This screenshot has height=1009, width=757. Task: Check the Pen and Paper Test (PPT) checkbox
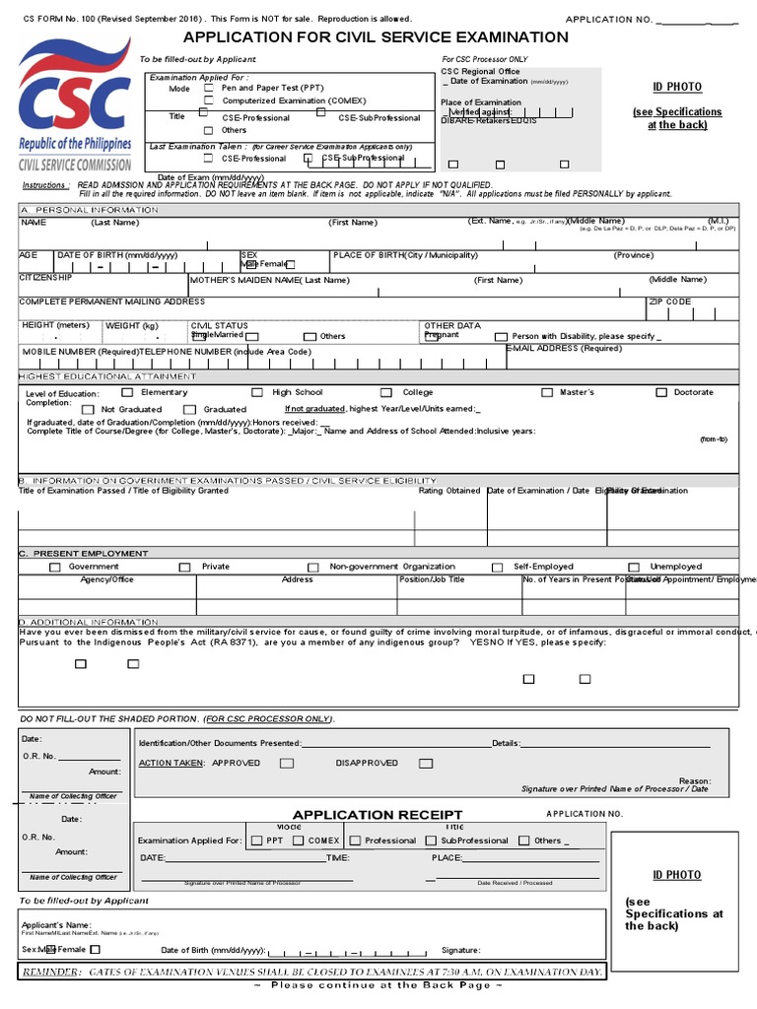pyautogui.click(x=208, y=88)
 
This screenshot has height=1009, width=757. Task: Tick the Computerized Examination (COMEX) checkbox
pyautogui.click(x=208, y=101)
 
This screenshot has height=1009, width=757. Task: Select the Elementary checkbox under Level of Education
pyautogui.click(x=127, y=393)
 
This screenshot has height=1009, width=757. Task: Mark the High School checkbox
pyautogui.click(x=257, y=393)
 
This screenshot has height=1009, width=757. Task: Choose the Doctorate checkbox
pyautogui.click(x=661, y=393)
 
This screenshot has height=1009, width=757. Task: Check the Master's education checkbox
pyautogui.click(x=547, y=393)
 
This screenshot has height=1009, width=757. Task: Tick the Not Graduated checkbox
pyautogui.click(x=88, y=409)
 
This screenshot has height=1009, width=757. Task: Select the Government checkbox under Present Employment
pyautogui.click(x=55, y=568)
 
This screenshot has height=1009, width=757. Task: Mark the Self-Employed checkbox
pyautogui.click(x=500, y=568)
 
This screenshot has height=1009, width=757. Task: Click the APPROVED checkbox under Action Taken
pyautogui.click(x=286, y=763)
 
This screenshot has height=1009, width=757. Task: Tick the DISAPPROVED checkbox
pyautogui.click(x=425, y=763)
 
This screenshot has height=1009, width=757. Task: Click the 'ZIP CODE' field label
pyautogui.click(x=670, y=302)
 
